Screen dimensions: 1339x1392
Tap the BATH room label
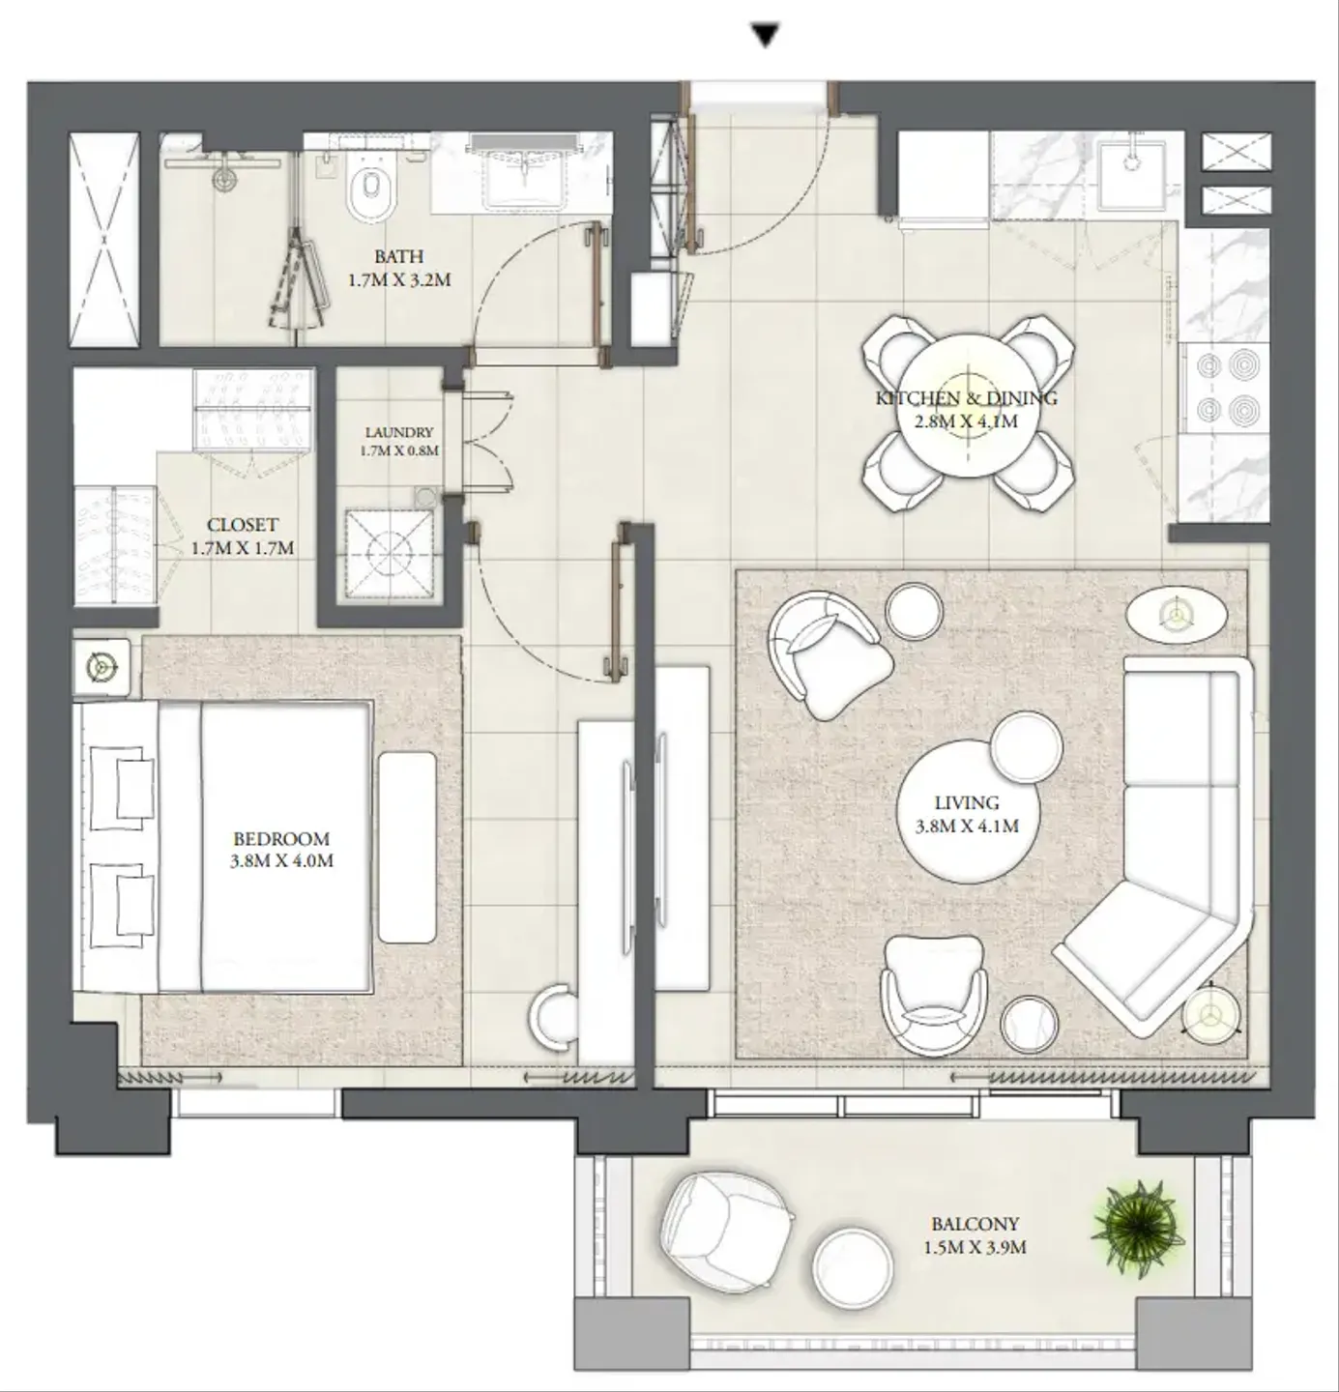pyautogui.click(x=398, y=256)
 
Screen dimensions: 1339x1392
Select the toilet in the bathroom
pyautogui.click(x=370, y=188)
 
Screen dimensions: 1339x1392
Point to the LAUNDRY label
pyautogui.click(x=399, y=432)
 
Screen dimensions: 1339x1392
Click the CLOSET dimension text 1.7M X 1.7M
pyautogui.click(x=243, y=549)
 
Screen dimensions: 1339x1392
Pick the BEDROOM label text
pyautogui.click(x=281, y=838)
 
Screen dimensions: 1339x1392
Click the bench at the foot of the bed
pyautogui.click(x=407, y=847)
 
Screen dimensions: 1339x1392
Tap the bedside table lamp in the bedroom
pyautogui.click(x=102, y=667)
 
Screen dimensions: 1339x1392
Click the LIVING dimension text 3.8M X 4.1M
pyautogui.click(x=967, y=826)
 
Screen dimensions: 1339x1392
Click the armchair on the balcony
pyautogui.click(x=727, y=1232)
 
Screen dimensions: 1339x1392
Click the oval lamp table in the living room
pyautogui.click(x=1177, y=615)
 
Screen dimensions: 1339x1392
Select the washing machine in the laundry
pyautogui.click(x=390, y=554)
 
